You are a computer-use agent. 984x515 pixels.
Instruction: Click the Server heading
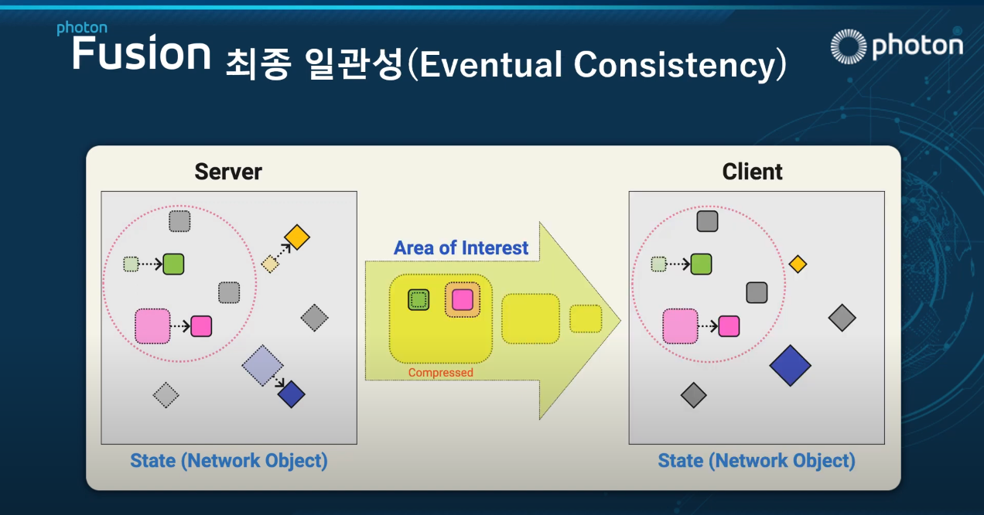[x=228, y=172]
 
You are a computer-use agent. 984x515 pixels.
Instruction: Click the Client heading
[x=752, y=172]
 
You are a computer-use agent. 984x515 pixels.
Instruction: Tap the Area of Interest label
[x=461, y=248]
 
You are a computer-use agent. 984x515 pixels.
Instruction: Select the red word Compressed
[x=441, y=372]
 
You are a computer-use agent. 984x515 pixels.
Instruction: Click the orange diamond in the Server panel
[x=297, y=237]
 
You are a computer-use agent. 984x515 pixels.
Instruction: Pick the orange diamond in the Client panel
[x=798, y=264]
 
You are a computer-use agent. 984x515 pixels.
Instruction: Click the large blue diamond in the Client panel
[x=791, y=366]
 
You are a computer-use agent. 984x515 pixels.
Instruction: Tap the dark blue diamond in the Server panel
[x=291, y=394]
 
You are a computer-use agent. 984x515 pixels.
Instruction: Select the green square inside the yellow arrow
[x=419, y=300]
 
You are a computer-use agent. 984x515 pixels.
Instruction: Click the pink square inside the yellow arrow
[x=463, y=300]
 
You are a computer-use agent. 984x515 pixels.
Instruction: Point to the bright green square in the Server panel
[x=173, y=264]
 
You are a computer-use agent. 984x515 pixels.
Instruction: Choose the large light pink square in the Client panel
[x=680, y=326]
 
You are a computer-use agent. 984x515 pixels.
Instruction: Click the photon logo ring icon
[x=849, y=46]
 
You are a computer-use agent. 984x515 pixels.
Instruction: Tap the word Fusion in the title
[x=141, y=53]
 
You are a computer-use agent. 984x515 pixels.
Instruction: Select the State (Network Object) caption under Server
[x=229, y=461]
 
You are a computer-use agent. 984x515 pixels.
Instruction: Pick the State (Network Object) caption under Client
[x=757, y=461]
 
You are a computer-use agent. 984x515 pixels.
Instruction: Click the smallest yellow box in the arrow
[x=586, y=319]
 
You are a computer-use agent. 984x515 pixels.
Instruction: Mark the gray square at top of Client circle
[x=707, y=221]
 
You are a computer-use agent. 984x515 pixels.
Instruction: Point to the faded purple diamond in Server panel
[x=262, y=365]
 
